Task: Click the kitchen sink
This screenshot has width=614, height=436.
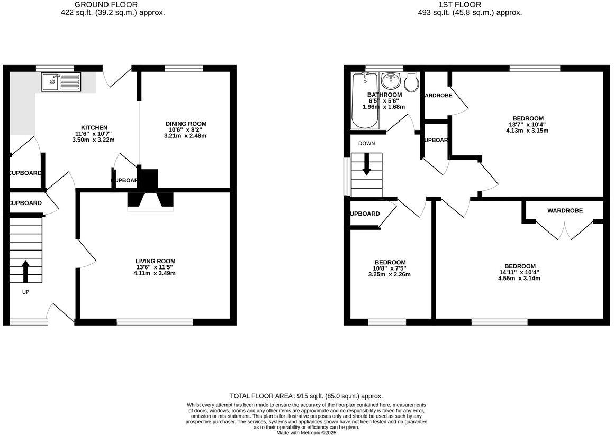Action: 61,81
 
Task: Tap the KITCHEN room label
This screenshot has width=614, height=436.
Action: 94,128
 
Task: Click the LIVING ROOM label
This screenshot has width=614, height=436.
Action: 155,261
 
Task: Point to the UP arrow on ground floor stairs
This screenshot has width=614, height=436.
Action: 25,271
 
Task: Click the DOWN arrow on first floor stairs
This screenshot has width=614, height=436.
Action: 366,167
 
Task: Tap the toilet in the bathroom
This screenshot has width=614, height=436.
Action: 411,82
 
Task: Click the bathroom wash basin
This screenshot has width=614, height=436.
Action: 391,81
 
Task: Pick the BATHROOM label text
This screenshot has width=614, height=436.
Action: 385,95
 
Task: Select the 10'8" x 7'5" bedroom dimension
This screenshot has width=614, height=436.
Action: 390,268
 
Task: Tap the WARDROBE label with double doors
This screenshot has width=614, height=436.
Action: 565,211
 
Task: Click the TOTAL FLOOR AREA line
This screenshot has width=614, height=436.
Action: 306,396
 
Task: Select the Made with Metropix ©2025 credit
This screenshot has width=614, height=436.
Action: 306,432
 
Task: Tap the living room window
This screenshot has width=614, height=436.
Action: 155,321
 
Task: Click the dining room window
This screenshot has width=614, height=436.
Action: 184,68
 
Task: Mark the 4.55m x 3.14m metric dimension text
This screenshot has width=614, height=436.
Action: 519,279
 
